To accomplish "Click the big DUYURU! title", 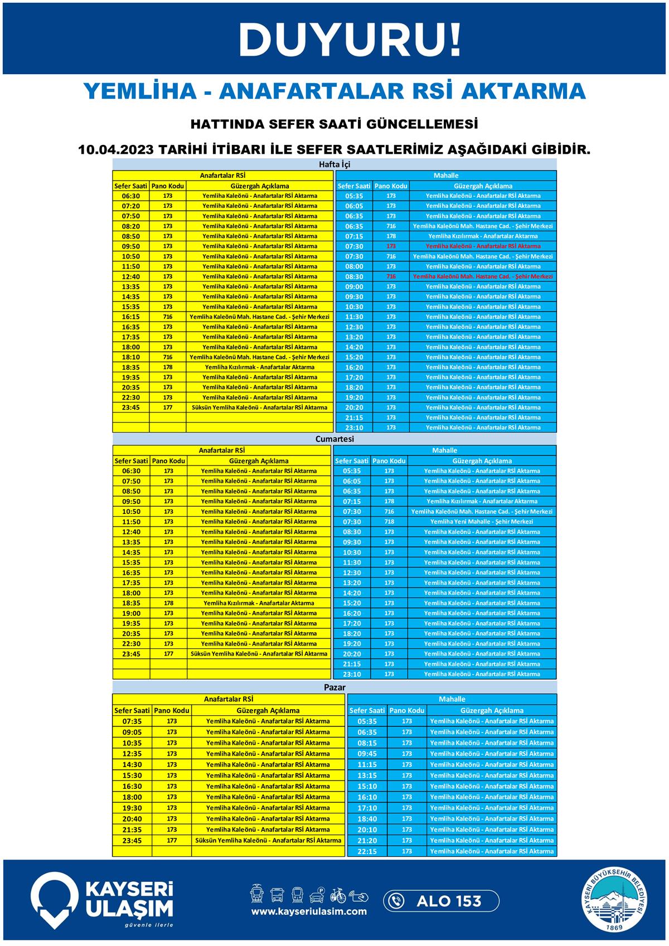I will pyautogui.click(x=350, y=41).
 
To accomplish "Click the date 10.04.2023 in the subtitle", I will pyautogui.click(x=114, y=150).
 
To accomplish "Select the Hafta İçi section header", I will pyautogui.click(x=334, y=164).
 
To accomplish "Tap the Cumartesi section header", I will pyautogui.click(x=334, y=439).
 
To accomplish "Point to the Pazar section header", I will pyautogui.click(x=334, y=687).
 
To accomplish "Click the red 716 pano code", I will pyautogui.click(x=391, y=276).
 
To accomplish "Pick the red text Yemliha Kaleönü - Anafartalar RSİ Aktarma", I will pyautogui.click(x=483, y=246).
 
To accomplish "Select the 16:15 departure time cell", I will pyautogui.click(x=131, y=317).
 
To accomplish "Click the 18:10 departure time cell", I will pyautogui.click(x=131, y=357).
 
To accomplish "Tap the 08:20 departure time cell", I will pyautogui.click(x=131, y=226).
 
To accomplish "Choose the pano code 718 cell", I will pyautogui.click(x=389, y=522).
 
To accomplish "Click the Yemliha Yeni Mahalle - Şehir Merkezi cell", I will pyautogui.click(x=482, y=522).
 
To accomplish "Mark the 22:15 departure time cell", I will pyautogui.click(x=367, y=851).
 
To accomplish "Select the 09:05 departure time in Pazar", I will pyautogui.click(x=132, y=732).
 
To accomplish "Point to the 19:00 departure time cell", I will pyautogui.click(x=131, y=613).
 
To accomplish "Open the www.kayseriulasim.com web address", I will pyautogui.click(x=309, y=911).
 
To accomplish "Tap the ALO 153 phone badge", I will pyautogui.click(x=440, y=901).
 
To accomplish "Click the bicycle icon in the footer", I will pyautogui.click(x=338, y=895).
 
